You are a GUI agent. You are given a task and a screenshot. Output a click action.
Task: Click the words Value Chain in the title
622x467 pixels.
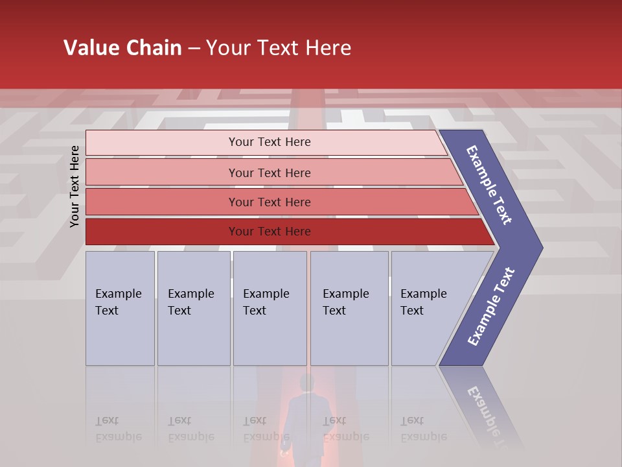122,48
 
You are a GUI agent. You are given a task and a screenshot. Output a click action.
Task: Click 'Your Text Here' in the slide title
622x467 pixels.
279,48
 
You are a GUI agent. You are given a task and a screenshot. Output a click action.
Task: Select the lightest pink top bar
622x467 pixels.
162,143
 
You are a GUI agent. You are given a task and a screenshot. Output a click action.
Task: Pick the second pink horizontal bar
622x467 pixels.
162,173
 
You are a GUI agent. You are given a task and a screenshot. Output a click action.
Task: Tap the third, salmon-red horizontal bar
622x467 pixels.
162,202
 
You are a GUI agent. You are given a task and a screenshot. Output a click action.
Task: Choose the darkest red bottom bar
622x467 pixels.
162,232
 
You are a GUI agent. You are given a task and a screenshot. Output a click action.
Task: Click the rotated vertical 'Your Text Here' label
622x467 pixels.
75,186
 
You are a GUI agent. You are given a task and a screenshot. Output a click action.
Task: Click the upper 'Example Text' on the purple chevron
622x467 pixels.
489,185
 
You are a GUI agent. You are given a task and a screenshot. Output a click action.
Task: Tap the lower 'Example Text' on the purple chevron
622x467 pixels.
491,307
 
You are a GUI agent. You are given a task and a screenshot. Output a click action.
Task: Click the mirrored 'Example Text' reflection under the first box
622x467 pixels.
118,429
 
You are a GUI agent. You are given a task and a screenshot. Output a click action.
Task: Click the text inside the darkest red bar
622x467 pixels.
270,232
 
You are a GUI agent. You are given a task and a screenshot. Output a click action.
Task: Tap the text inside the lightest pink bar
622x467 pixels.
270,142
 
